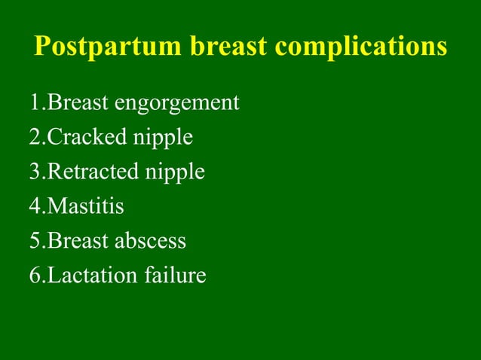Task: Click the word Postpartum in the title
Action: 108,47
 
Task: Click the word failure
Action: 174,275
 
